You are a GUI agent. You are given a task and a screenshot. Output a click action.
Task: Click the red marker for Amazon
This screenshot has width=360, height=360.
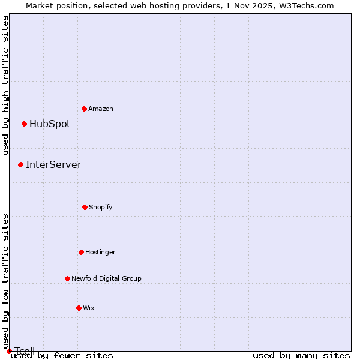coord(84,109)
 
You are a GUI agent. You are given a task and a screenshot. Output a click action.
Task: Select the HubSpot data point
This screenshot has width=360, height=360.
coord(24,124)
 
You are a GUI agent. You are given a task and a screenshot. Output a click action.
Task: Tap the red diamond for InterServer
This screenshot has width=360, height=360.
coord(20,164)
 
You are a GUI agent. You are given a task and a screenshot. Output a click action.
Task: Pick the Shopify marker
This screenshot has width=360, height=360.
coord(85,207)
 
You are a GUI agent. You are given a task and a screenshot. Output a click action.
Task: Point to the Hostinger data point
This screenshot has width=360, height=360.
coord(81,252)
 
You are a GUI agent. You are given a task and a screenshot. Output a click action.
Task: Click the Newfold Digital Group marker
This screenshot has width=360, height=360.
coord(67,278)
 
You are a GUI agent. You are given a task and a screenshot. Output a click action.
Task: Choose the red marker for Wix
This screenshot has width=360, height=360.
coord(79,308)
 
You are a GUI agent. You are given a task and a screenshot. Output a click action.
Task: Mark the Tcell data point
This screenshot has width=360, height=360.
coord(9,351)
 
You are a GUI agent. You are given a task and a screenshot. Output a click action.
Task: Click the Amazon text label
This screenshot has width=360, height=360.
coord(101,109)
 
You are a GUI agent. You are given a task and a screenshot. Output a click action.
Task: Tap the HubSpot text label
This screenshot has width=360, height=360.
coord(50,124)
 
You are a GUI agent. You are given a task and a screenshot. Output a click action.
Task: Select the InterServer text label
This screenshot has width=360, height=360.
coord(53,164)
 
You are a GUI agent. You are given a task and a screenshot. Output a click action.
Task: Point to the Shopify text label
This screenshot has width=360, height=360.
coord(101,207)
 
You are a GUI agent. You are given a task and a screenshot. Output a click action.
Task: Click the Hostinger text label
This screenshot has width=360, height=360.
coord(100,252)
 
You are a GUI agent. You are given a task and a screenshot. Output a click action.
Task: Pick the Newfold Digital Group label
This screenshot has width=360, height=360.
coord(106,278)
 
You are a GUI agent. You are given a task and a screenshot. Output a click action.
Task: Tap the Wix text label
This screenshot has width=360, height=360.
coord(89,308)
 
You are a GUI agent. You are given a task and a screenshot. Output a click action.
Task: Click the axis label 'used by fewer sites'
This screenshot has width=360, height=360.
coord(62,355)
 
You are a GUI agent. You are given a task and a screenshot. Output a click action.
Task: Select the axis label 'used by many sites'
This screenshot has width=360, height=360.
coord(301,355)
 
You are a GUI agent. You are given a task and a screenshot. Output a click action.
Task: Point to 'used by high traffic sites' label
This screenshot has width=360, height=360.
coord(6,85)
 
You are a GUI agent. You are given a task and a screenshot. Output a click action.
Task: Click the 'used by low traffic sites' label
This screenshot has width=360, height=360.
coord(6,281)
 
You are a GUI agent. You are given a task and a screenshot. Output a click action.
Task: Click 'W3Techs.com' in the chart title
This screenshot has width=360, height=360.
coord(305,5)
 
